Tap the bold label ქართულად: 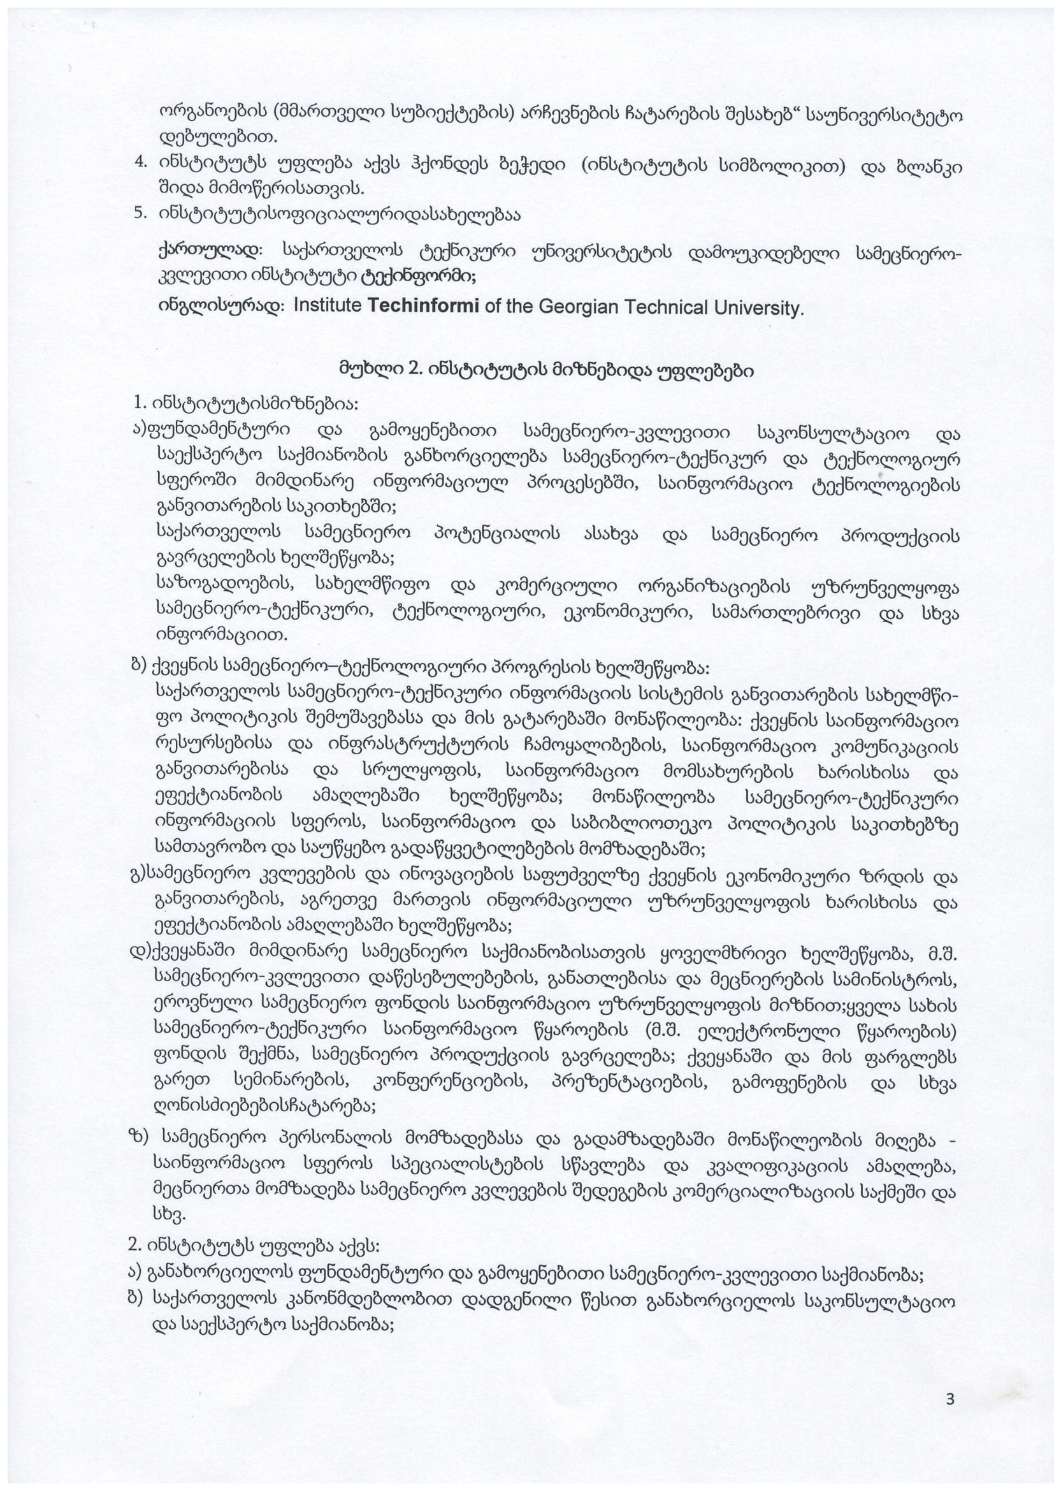tap(210, 250)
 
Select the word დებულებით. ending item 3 tap(218, 138)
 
